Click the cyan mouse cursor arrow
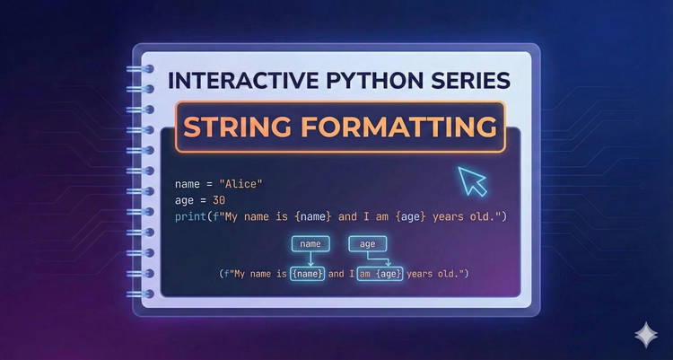471,180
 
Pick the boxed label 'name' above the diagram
310,242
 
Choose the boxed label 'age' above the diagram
367,242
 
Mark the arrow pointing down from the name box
310,259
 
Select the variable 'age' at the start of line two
185,201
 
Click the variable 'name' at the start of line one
188,184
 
